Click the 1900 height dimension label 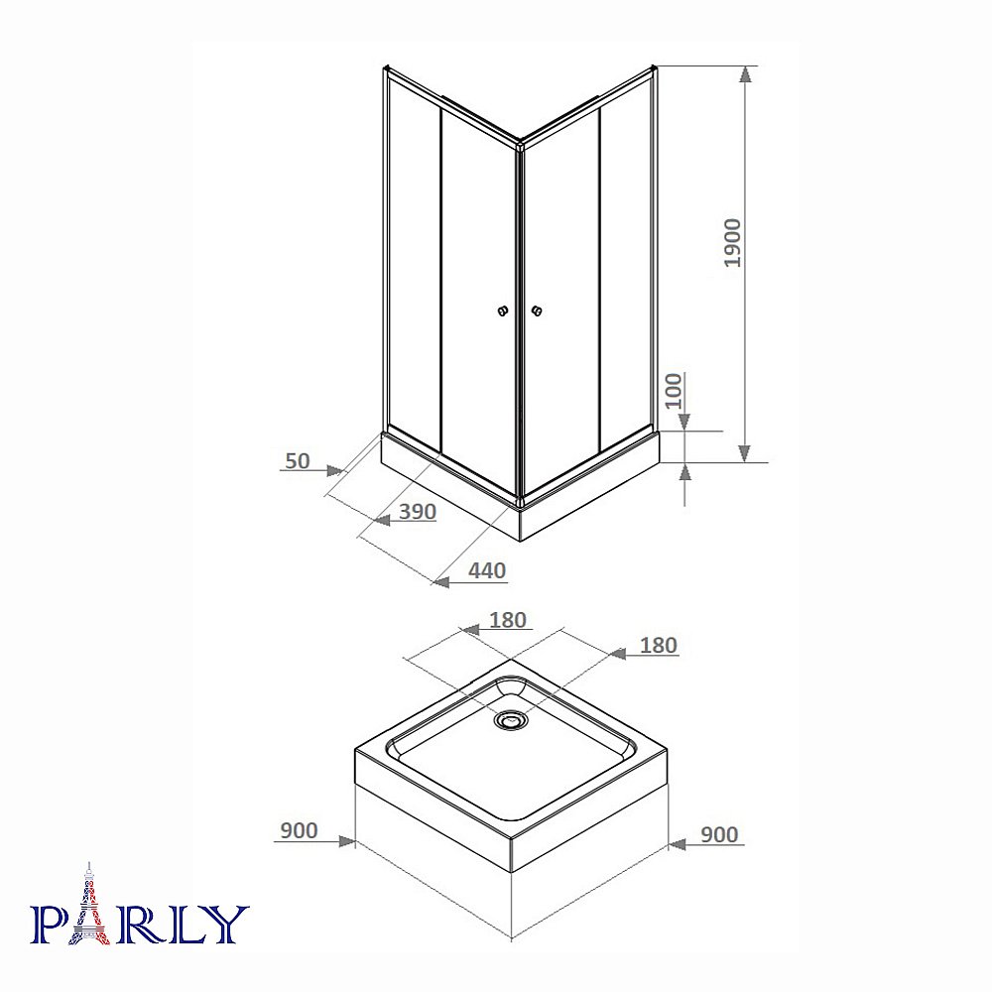coord(732,243)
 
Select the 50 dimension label coord(298,460)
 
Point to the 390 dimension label coord(418,512)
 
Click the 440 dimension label coord(487,570)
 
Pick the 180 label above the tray coord(508,620)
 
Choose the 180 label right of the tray coord(658,645)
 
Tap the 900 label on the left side coord(298,830)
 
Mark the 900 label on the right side coord(719,834)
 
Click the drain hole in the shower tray coord(512,719)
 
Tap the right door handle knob coord(538,311)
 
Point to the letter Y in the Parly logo coord(226,924)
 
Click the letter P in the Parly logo coord(52,924)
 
